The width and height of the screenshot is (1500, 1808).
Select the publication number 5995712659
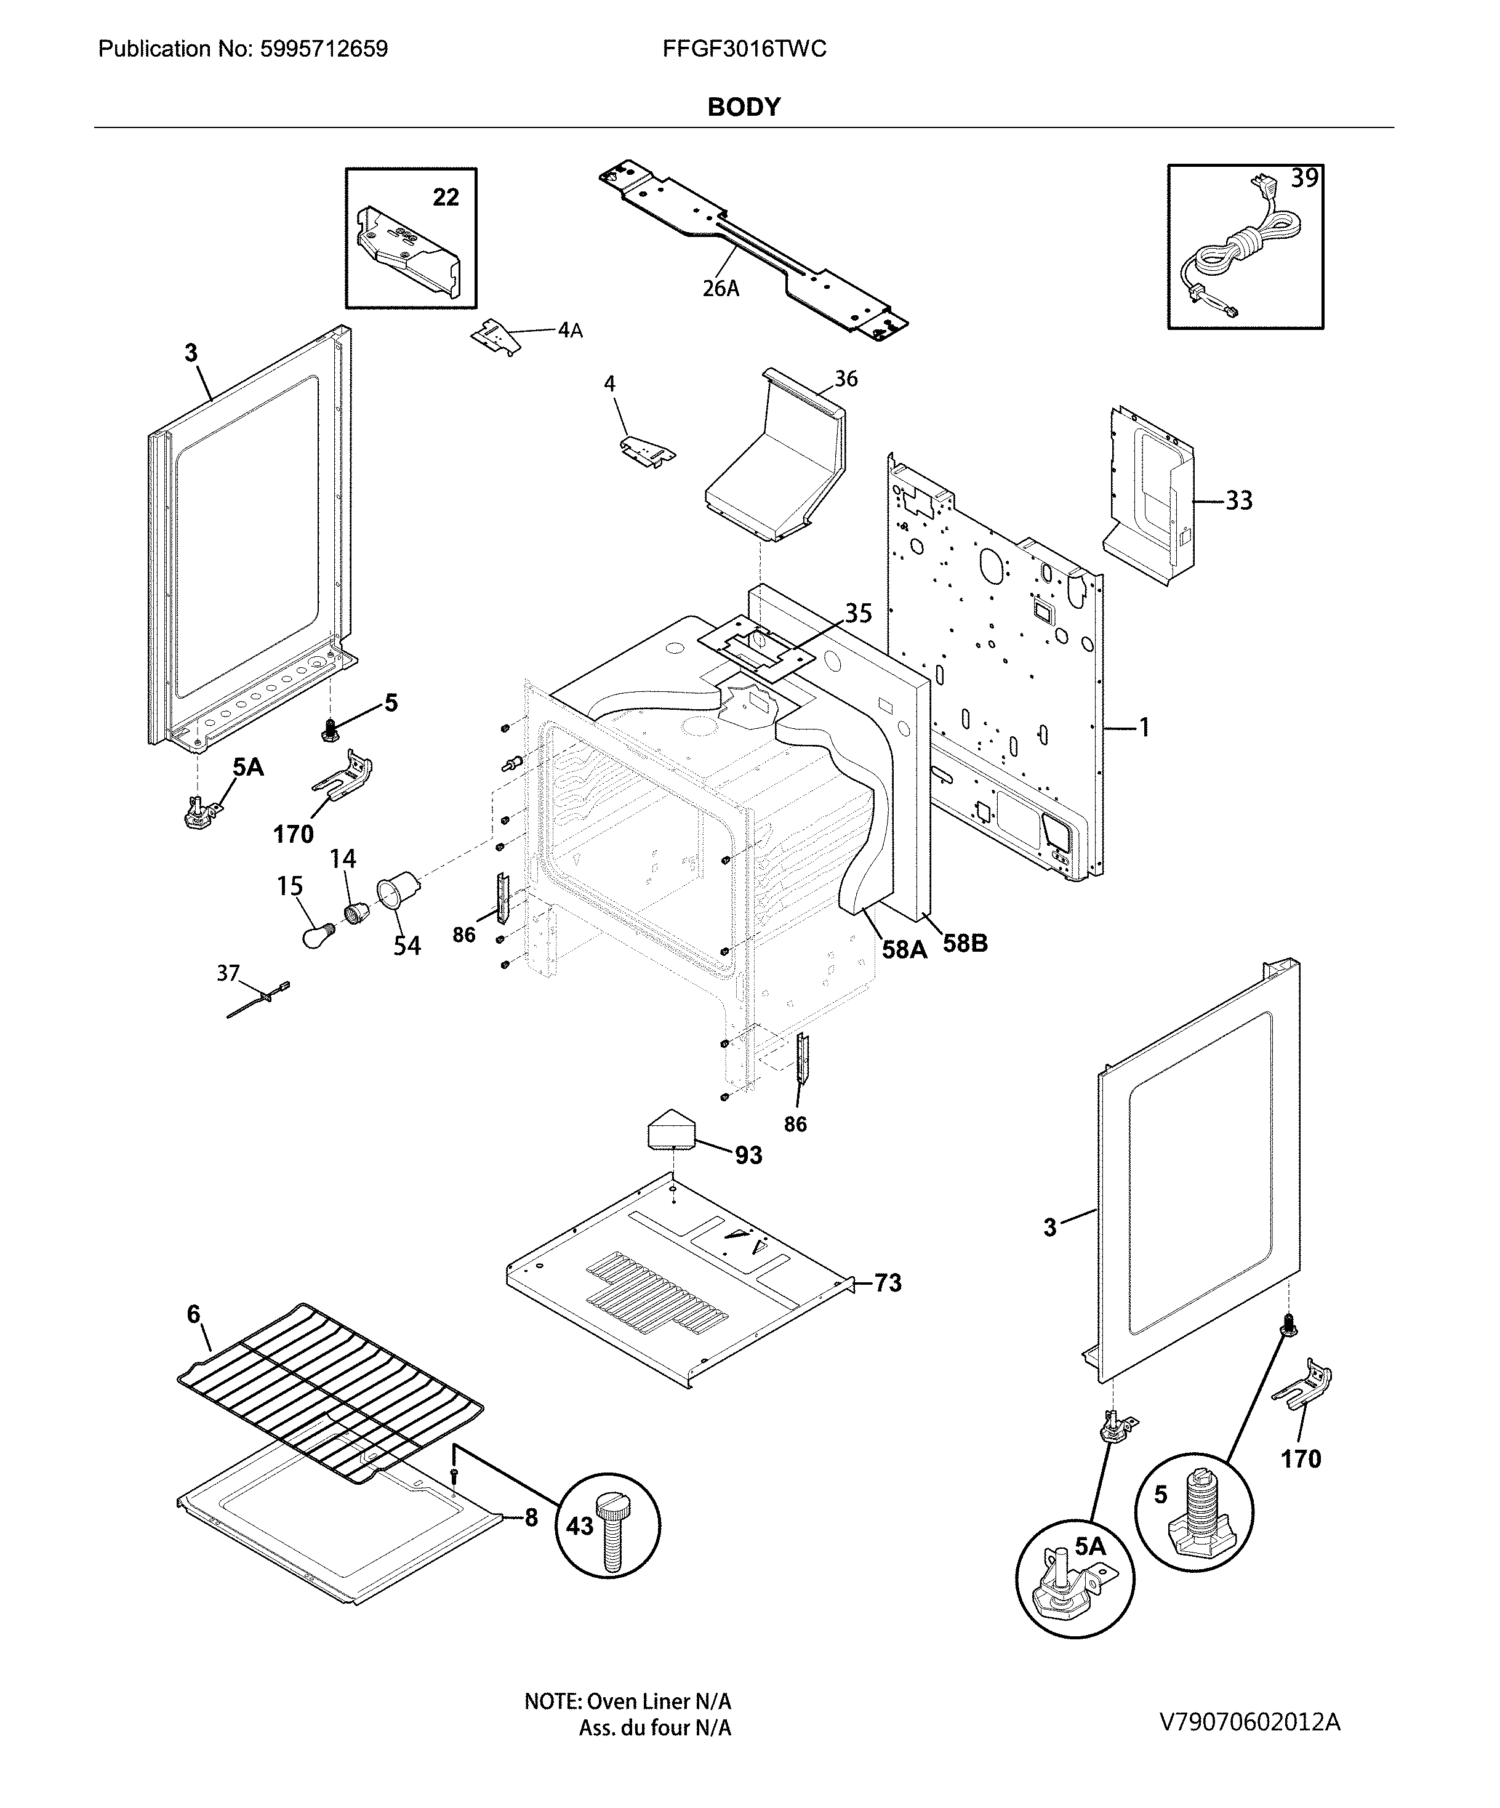tap(243, 49)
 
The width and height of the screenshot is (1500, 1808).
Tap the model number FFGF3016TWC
tap(744, 49)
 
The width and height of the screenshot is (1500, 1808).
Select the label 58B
tap(965, 944)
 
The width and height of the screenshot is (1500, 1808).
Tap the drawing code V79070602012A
tap(1249, 1721)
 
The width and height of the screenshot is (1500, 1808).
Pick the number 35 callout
tap(857, 613)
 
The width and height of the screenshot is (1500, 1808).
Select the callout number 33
tap(1238, 500)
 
